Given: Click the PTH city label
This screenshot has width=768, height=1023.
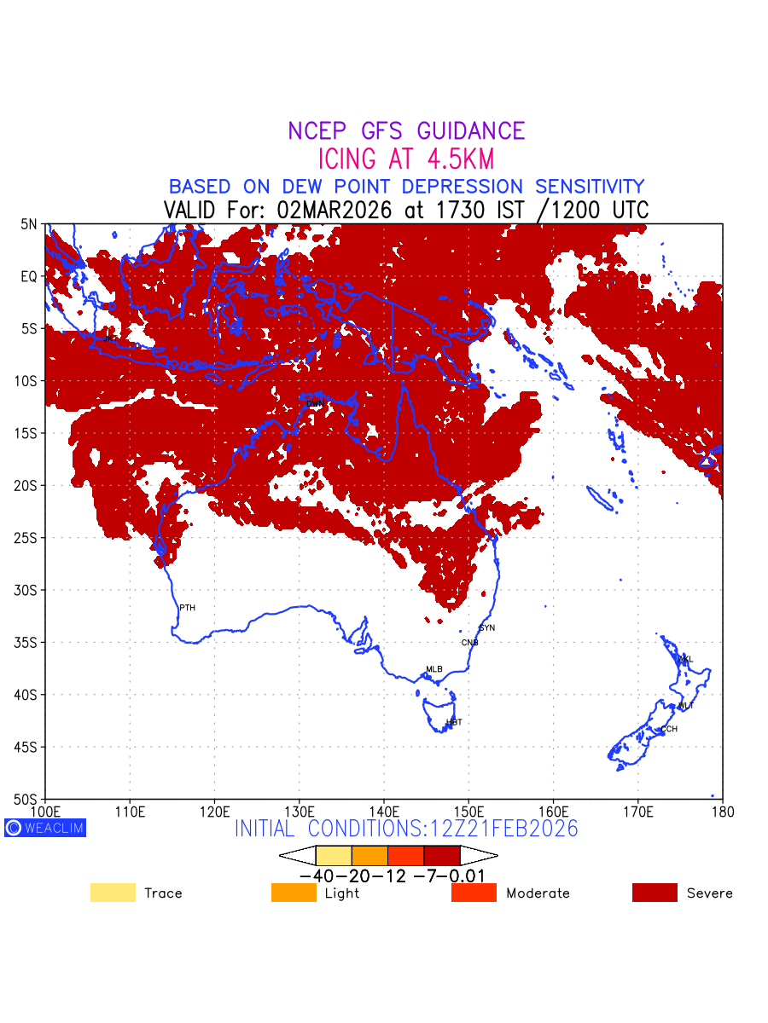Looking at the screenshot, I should coord(187,608).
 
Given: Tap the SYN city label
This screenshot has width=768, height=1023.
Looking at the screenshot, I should coord(487,628).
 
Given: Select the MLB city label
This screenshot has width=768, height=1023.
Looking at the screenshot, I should coord(434,669).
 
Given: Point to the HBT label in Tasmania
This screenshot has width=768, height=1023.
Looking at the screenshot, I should coord(454,722).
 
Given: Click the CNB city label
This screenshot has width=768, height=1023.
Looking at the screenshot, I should coord(469,643).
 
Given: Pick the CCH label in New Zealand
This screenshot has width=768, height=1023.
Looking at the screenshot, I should coord(669,729).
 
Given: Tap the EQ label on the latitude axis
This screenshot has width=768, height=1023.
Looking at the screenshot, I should coord(29,277).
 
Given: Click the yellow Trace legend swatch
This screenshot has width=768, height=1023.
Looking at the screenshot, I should coord(113,893).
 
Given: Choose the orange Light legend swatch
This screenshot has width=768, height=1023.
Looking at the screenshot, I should coord(294,893).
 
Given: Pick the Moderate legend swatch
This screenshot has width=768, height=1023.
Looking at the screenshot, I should coord(474,893).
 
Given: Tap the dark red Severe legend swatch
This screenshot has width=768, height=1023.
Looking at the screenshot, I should coord(655,893).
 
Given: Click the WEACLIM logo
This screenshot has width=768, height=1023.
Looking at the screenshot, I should coord(45,828).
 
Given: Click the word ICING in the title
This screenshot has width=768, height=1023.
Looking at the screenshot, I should coord(347,159).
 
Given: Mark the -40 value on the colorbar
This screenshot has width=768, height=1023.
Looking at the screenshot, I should coord(316,876).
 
